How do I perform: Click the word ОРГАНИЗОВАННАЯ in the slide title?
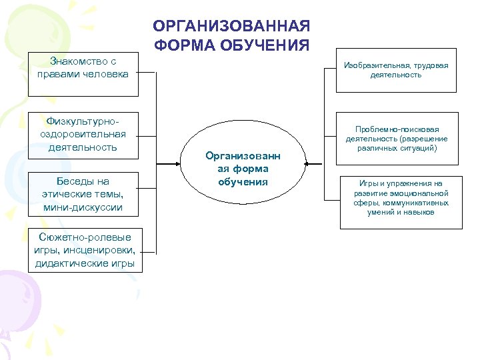231,26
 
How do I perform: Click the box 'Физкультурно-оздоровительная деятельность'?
83,135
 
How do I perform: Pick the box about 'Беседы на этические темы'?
83,195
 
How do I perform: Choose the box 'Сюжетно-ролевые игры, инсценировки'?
84,251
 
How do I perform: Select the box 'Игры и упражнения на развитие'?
401,198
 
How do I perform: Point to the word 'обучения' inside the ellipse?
243,182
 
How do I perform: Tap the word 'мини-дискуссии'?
83,207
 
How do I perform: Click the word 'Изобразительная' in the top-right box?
376,65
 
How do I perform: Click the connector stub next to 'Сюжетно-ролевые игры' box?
148,253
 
